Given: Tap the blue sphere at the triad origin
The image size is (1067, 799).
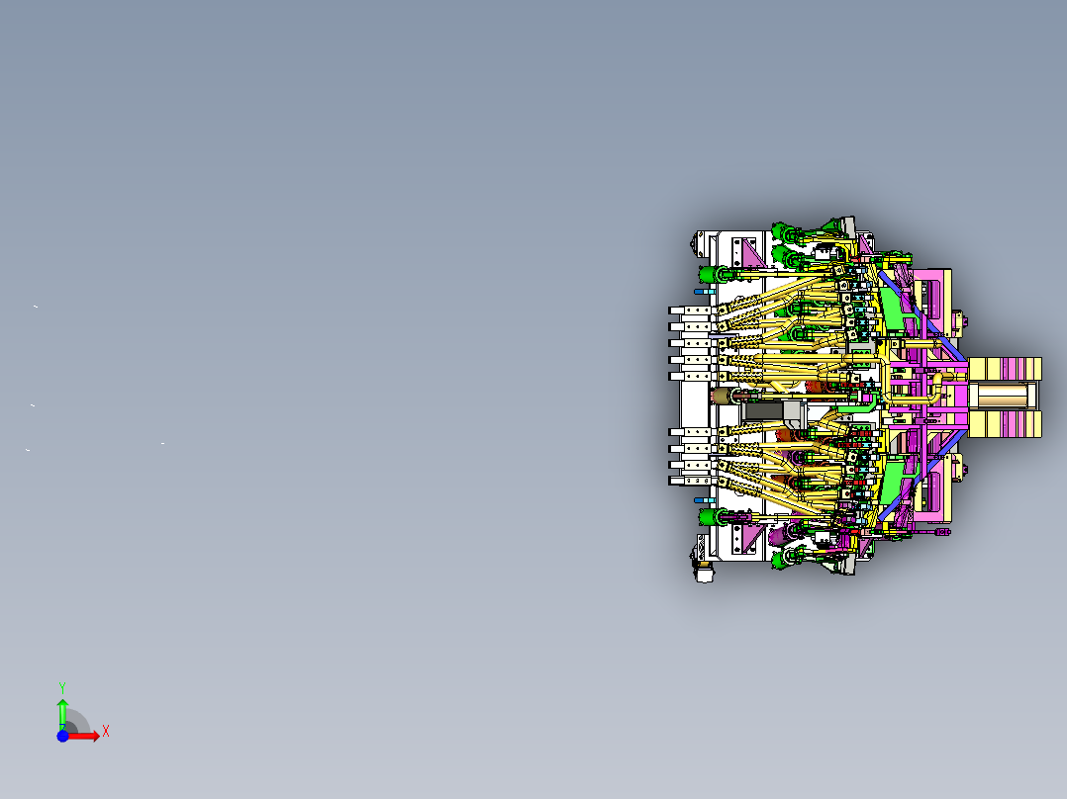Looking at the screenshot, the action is click(x=62, y=736).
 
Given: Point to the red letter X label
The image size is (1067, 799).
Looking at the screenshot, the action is click(x=106, y=732).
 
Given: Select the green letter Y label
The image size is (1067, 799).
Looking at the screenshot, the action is click(x=62, y=687).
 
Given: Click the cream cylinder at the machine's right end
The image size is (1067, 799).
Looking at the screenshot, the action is click(x=1002, y=397).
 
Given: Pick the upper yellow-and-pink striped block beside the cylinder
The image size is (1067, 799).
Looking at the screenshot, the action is click(x=1005, y=369).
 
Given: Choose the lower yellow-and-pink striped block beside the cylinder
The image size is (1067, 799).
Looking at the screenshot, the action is click(x=1005, y=424).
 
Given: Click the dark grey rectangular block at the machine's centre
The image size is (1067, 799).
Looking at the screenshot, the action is click(x=764, y=410).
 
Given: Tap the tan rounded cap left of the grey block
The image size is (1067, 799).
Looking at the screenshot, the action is click(x=723, y=397).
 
